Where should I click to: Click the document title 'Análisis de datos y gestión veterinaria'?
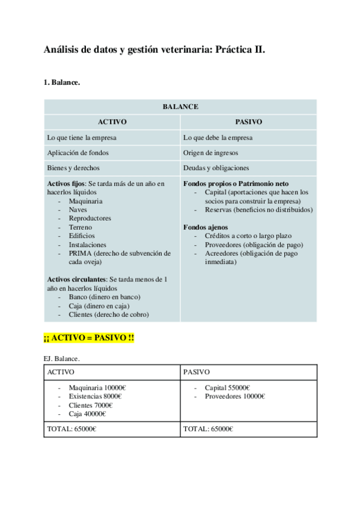[154, 51]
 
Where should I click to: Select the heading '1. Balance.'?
[62, 82]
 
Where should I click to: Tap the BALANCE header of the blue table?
[180, 106]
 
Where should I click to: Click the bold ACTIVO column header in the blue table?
[112, 121]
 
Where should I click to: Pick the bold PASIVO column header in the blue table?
[248, 121]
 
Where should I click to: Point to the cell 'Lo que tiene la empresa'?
[82, 137]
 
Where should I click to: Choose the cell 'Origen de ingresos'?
[210, 153]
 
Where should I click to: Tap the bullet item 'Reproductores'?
[90, 218]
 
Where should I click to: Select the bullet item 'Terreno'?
[81, 227]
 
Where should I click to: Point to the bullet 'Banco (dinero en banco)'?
[105, 297]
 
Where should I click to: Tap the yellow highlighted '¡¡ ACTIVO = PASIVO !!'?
[89, 339]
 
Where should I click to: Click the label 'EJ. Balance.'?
[61, 358]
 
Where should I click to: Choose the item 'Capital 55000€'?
[228, 387]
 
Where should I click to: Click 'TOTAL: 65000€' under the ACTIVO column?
[72, 429]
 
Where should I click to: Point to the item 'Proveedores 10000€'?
[235, 396]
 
